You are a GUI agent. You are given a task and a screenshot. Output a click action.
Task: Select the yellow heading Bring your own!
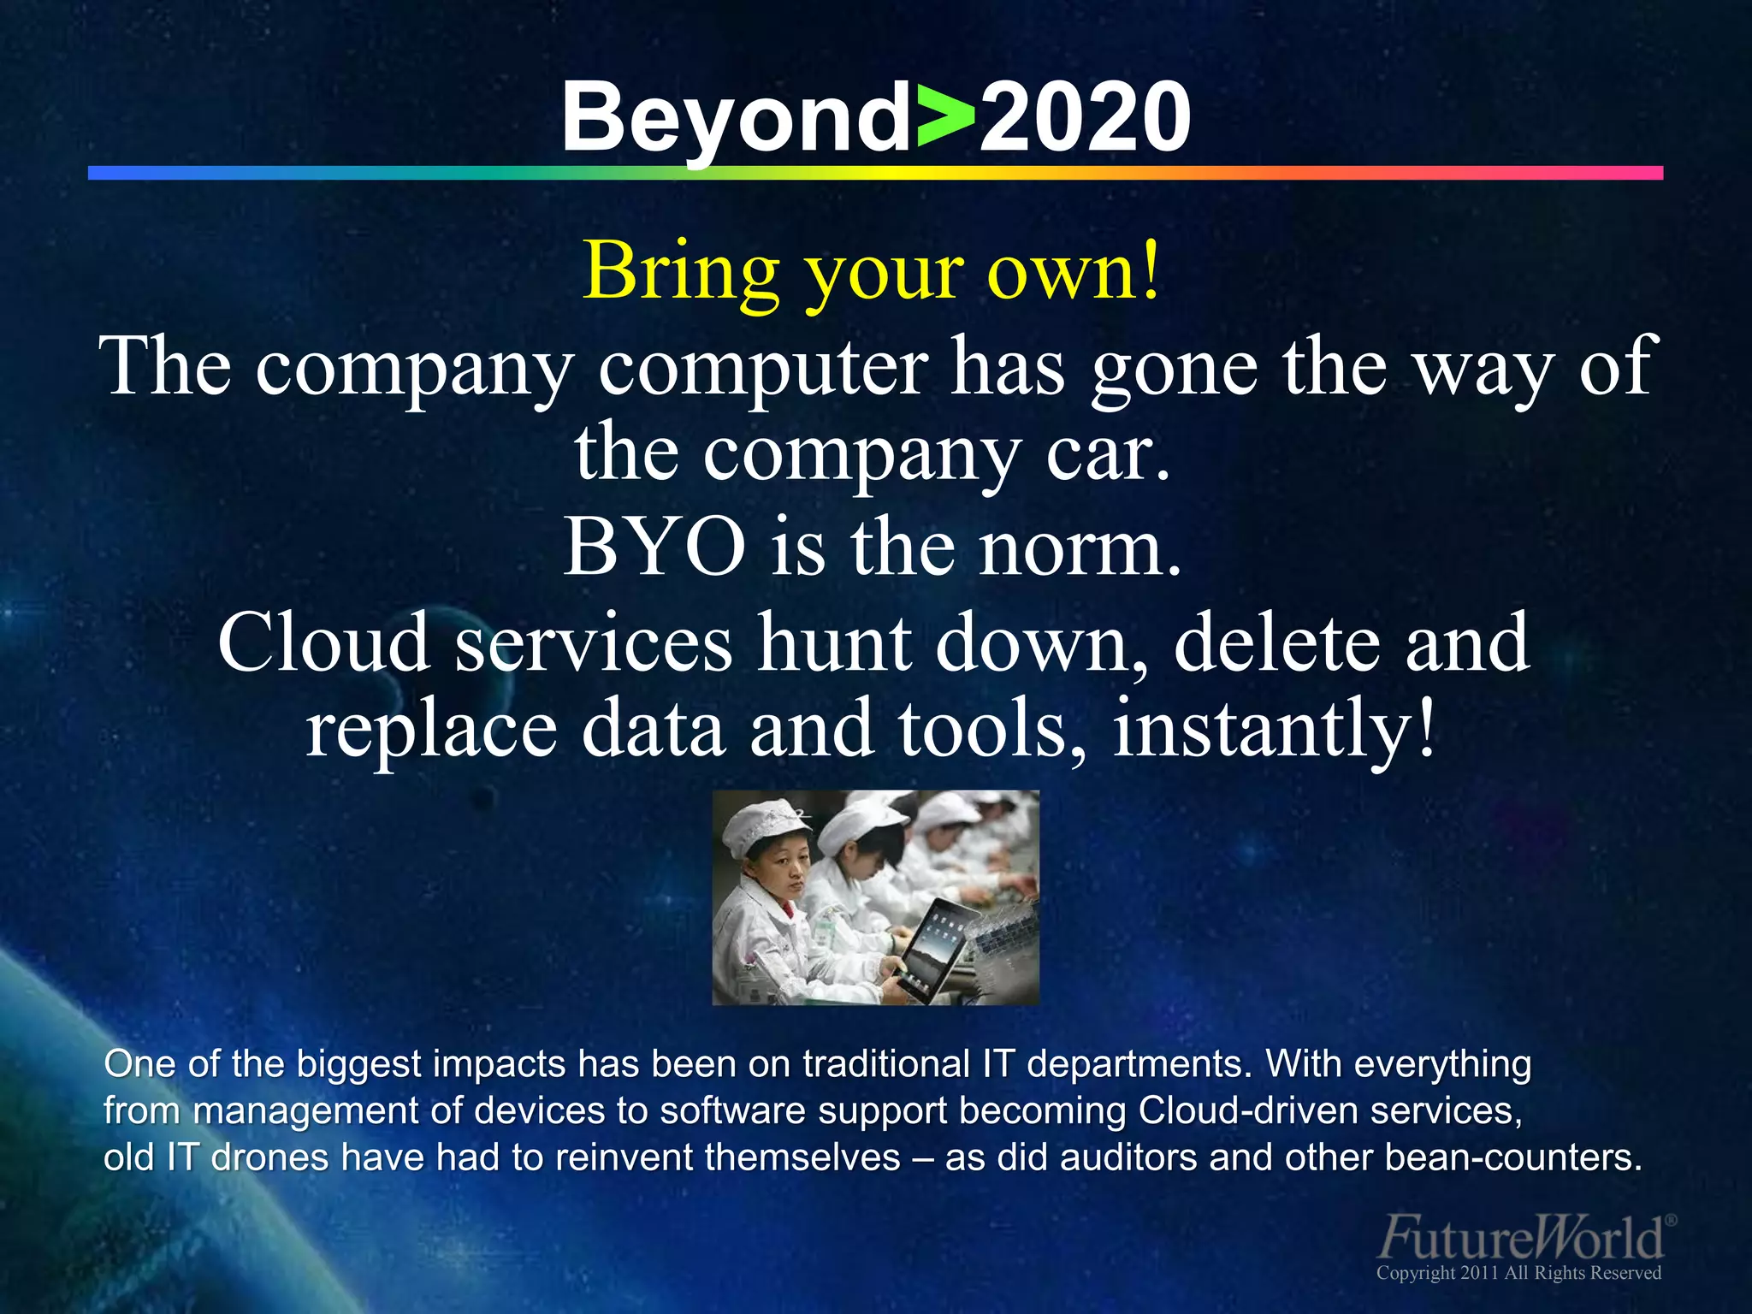[873, 272]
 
